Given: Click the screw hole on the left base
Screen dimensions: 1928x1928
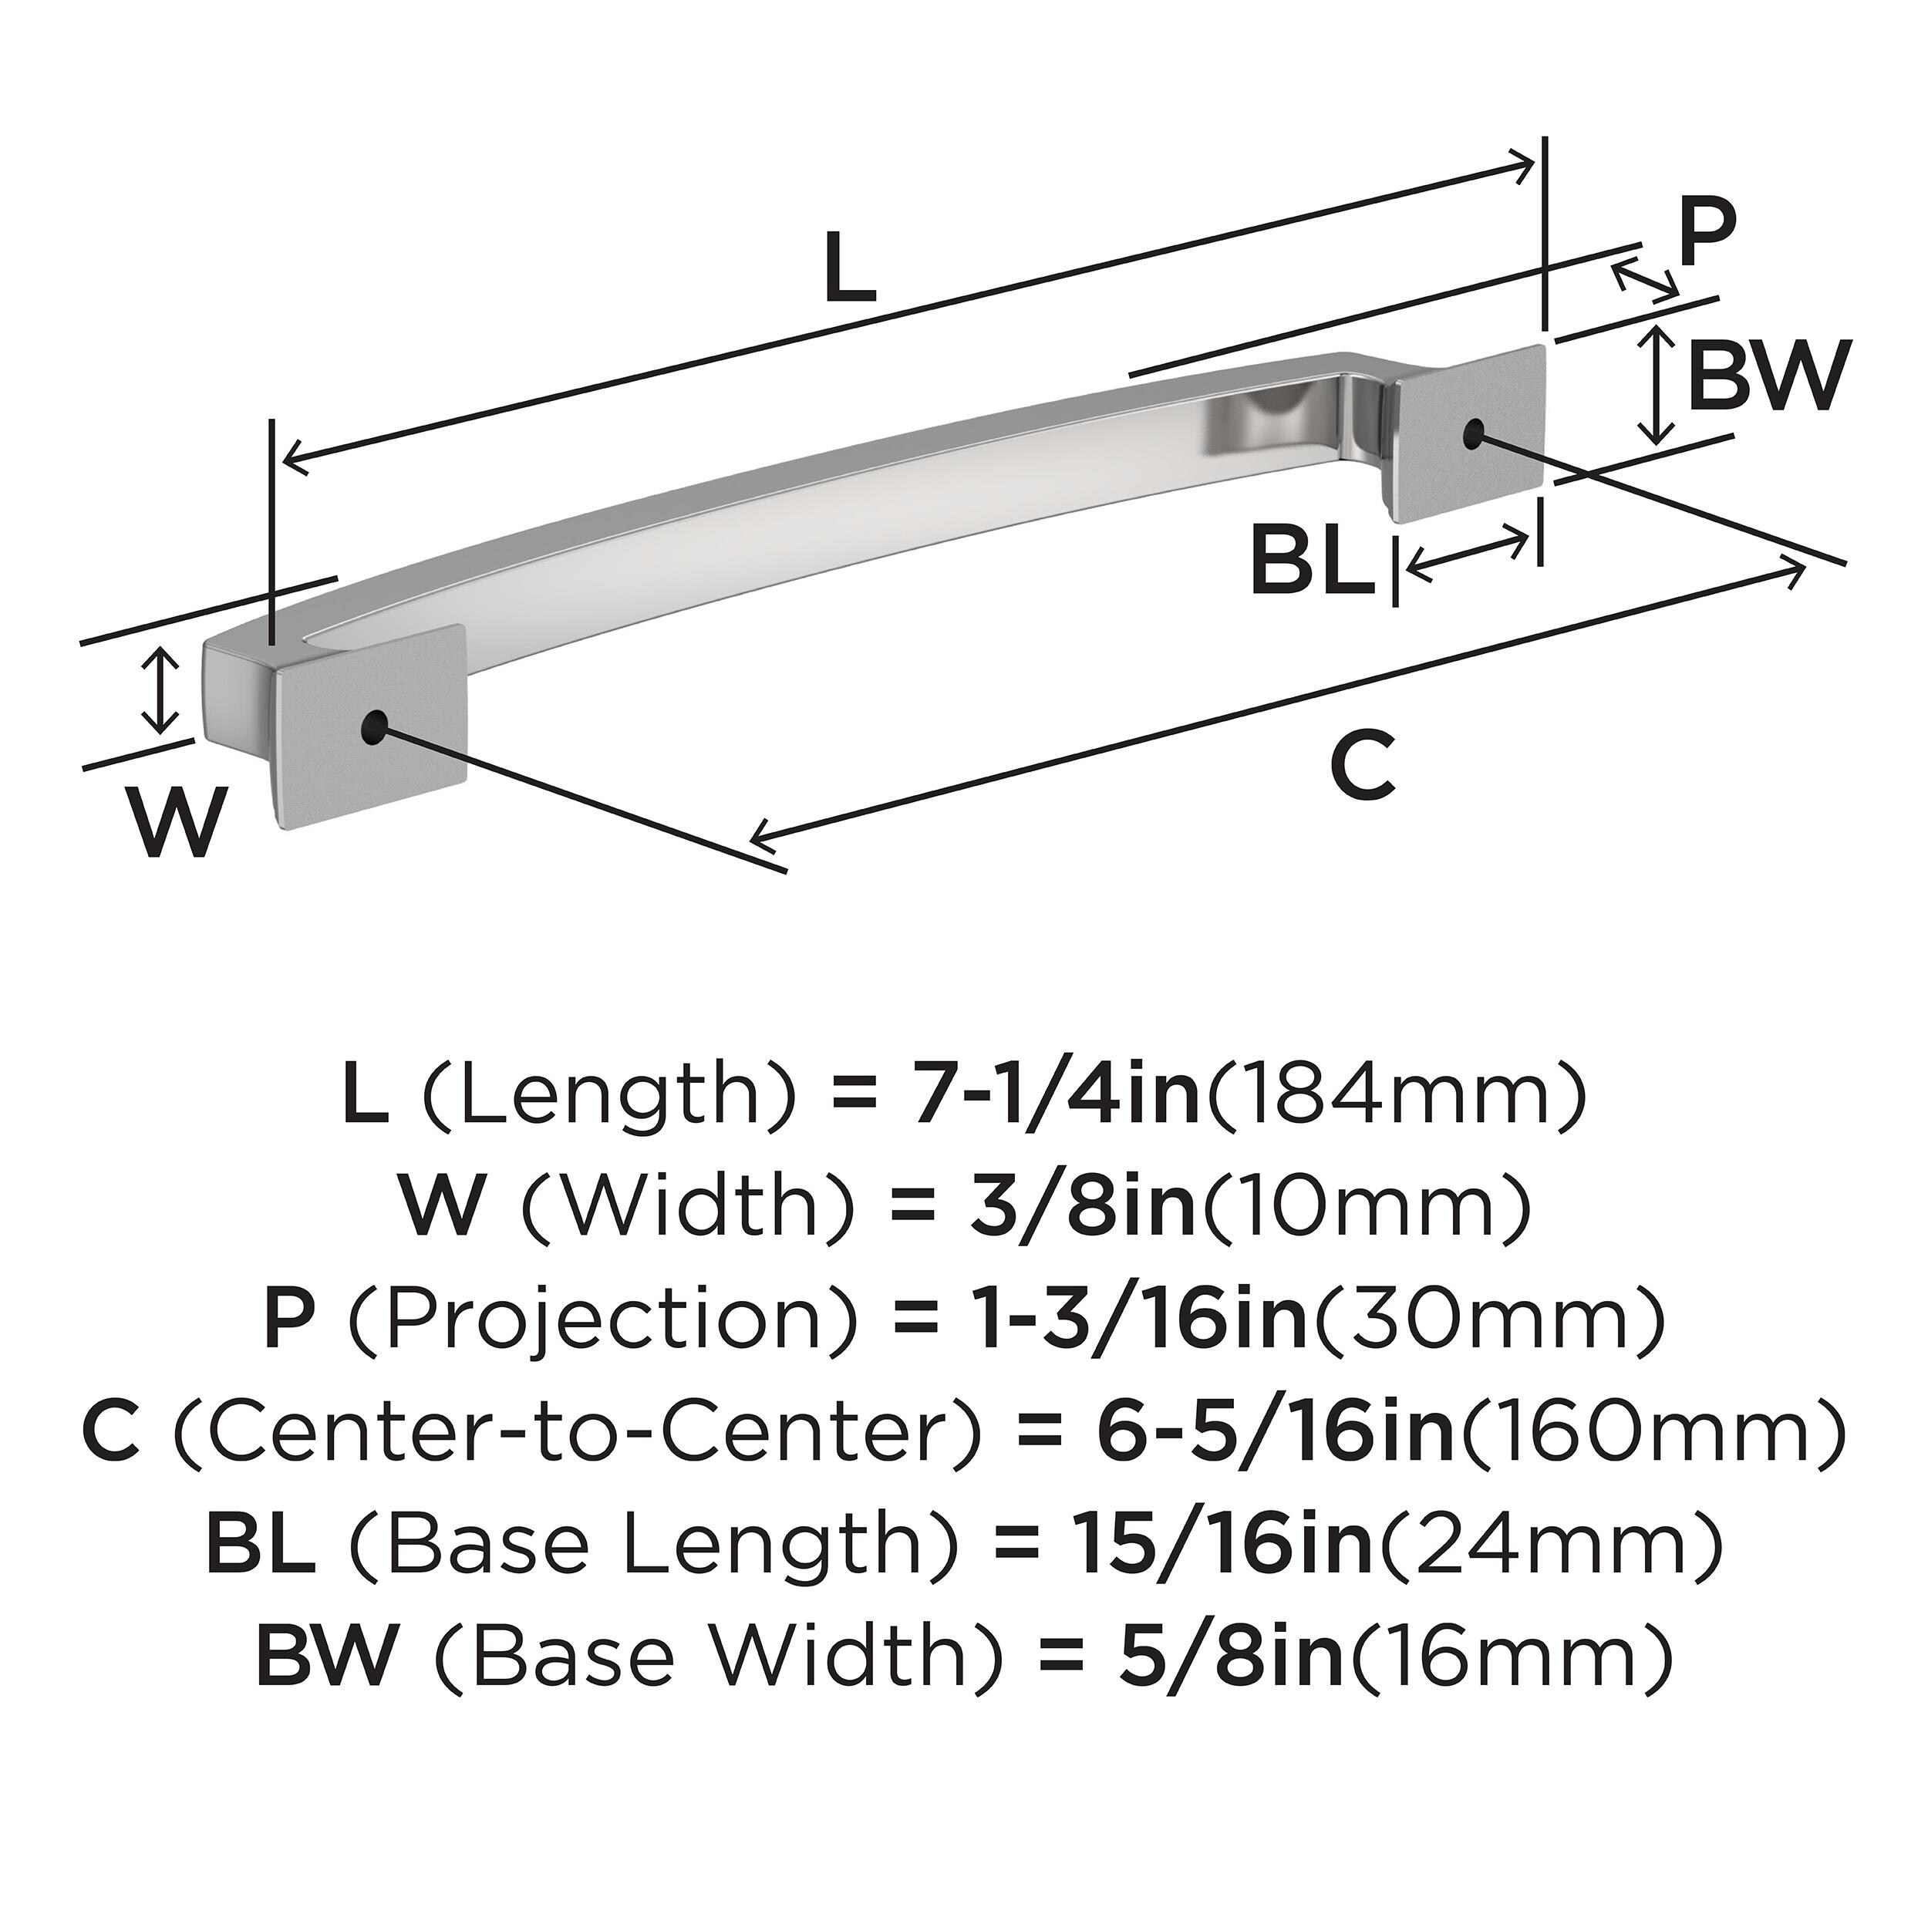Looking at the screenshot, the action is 373,726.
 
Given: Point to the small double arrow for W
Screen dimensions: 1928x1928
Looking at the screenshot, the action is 160,689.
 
